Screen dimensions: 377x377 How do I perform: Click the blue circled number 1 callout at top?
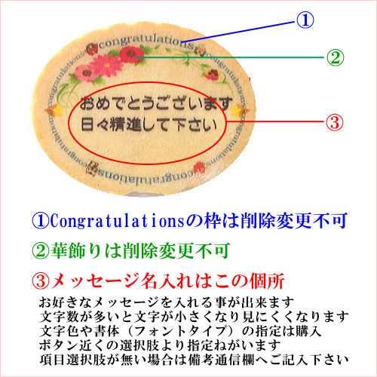click(x=305, y=20)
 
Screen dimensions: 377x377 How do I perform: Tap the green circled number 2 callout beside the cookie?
click(x=335, y=57)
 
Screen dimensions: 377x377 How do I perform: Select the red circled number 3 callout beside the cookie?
click(x=335, y=122)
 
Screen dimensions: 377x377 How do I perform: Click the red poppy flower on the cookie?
click(x=131, y=54)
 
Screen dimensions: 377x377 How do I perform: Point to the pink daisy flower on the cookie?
click(x=107, y=66)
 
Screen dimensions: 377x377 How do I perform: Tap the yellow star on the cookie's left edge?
click(x=56, y=110)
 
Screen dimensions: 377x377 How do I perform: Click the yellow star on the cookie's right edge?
click(x=238, y=110)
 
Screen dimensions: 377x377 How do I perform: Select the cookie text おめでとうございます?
click(x=156, y=103)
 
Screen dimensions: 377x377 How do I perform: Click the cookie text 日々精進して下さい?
click(x=149, y=124)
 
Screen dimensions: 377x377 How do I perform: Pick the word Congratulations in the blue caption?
click(x=118, y=221)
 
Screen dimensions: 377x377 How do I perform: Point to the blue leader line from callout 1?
click(x=238, y=32)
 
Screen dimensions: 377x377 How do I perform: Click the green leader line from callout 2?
click(x=231, y=57)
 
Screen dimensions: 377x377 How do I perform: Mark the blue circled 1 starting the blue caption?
click(x=40, y=221)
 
